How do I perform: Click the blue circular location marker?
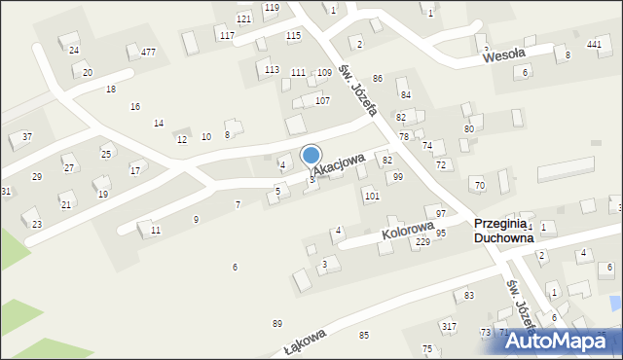tap(311, 155)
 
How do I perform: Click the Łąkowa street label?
tap(304, 342)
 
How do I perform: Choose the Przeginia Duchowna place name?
tap(503, 230)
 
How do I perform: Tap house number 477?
tap(148, 52)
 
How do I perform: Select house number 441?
tap(594, 45)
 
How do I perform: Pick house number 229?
tap(422, 242)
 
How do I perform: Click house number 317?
tap(448, 326)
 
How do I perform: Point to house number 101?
tap(371, 196)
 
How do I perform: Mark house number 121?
tap(243, 19)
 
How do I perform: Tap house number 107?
tap(322, 101)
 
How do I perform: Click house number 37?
tap(27, 136)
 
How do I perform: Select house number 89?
tap(277, 323)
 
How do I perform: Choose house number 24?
tap(74, 50)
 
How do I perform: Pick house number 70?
tap(478, 185)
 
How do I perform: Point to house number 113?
tap(272, 69)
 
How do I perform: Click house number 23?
tap(37, 224)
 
